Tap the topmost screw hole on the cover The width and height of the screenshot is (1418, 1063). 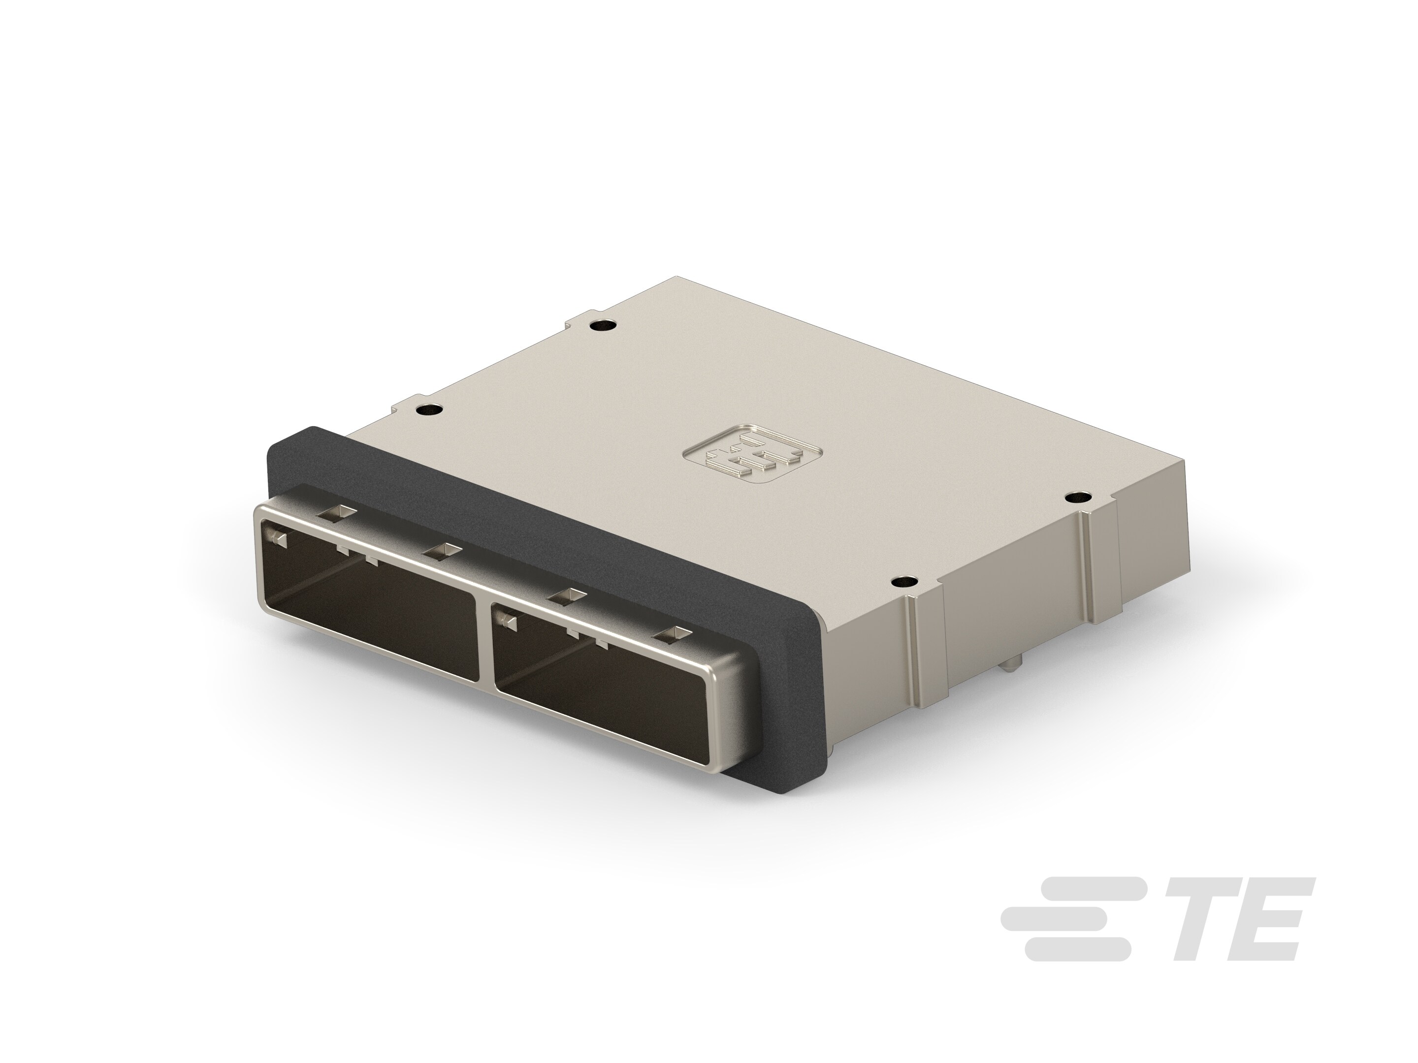601,325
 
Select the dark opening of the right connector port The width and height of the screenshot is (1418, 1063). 603,686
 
